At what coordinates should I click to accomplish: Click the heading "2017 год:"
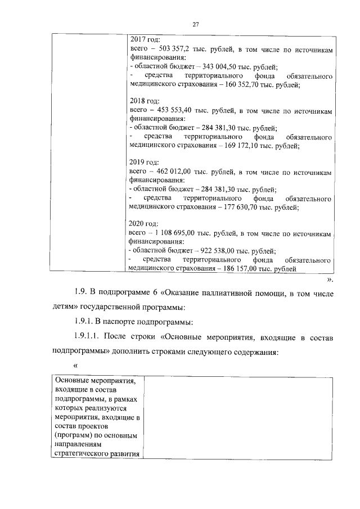[x=145, y=40]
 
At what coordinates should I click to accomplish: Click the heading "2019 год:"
[x=145, y=163]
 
